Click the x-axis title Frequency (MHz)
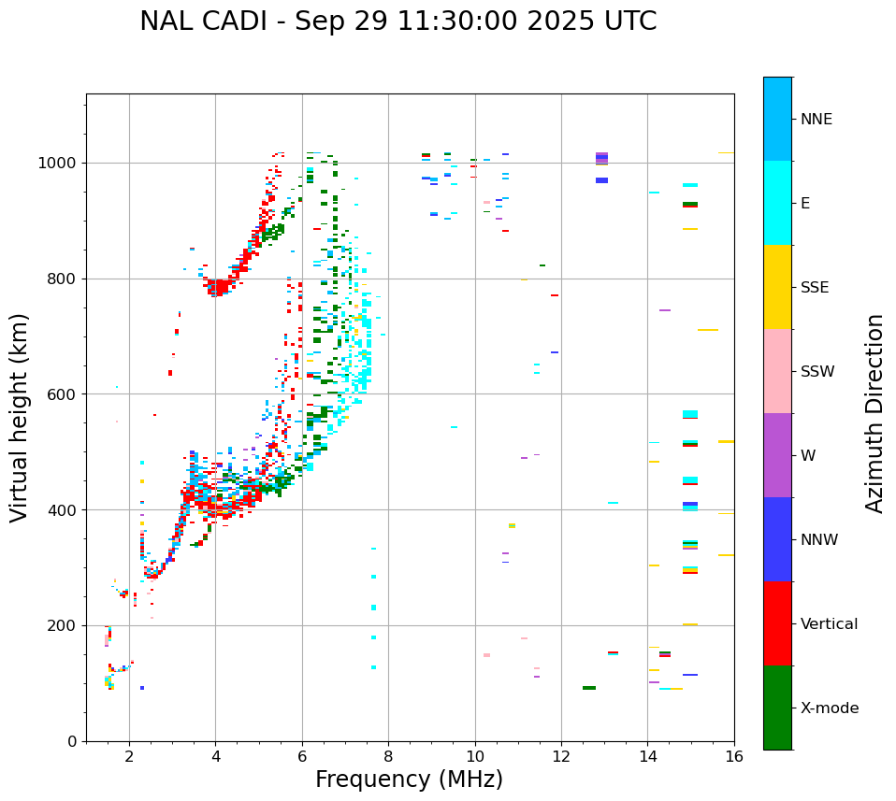pyautogui.click(x=409, y=780)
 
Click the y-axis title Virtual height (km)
pyautogui.click(x=20, y=418)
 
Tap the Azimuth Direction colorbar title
pyautogui.click(x=874, y=413)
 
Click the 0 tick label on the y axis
pyautogui.click(x=72, y=741)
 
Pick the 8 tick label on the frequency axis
pyautogui.click(x=388, y=756)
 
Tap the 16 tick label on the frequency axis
pyautogui.click(x=734, y=756)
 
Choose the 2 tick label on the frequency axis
pyautogui.click(x=129, y=756)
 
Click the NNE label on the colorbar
pyautogui.click(x=816, y=120)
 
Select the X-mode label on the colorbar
pyautogui.click(x=829, y=708)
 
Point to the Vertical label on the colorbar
pyautogui.click(x=829, y=624)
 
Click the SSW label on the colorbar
pyautogui.click(x=817, y=372)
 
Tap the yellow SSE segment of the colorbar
pyautogui.click(x=777, y=287)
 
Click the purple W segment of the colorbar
pyautogui.click(x=777, y=455)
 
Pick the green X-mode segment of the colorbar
pyautogui.click(x=777, y=708)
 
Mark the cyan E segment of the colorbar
pyautogui.click(x=777, y=203)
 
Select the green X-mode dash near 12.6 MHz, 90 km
pyautogui.click(x=589, y=688)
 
